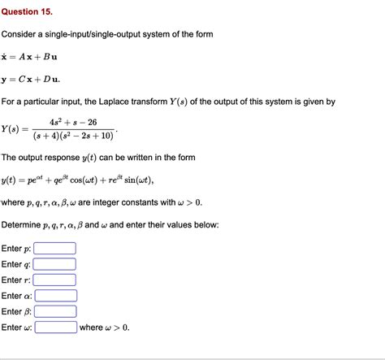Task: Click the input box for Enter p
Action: point(54,249)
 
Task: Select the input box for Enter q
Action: point(54,264)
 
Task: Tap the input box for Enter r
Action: point(54,280)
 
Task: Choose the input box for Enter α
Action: point(56,296)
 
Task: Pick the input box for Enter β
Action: point(56,311)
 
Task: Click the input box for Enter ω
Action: point(56,327)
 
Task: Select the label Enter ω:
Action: point(17,327)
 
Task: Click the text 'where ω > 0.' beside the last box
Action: point(105,327)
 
